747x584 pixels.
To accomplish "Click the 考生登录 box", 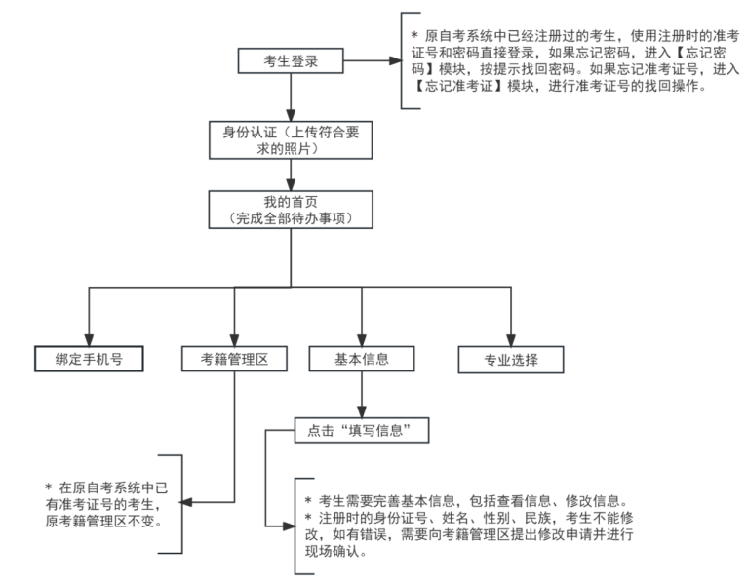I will click(291, 60).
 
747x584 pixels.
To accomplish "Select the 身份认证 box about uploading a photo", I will click(291, 139).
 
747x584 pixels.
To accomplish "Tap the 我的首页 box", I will click(291, 210).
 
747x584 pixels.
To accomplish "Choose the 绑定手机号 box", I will click(88, 358).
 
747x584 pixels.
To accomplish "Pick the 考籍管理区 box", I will click(233, 358).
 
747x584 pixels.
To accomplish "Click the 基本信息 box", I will click(362, 358).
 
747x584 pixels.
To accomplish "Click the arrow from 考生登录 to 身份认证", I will click(291, 97).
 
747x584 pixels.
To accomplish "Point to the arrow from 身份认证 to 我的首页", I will click(291, 175).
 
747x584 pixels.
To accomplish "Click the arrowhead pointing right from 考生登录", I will click(394, 60).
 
